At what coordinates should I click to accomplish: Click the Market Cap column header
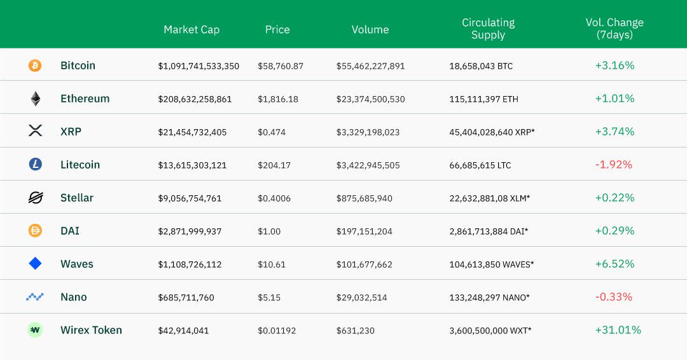click(191, 29)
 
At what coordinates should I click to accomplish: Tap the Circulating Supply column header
click(488, 29)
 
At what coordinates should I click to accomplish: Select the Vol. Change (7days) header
click(614, 29)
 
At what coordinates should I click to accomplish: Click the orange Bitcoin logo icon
click(35, 66)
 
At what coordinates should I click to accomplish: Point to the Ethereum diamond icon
click(35, 99)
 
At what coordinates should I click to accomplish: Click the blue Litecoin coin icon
click(35, 165)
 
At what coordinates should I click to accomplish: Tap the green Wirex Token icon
click(35, 330)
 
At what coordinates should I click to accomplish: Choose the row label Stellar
click(77, 198)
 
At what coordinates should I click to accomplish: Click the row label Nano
click(74, 297)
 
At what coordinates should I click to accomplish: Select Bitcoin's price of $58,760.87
click(281, 66)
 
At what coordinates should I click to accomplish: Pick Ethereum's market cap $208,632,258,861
click(195, 99)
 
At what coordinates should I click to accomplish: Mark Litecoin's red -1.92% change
click(614, 165)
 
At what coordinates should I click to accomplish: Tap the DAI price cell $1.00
click(269, 232)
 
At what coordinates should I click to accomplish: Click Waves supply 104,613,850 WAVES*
click(491, 265)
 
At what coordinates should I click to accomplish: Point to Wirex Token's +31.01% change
click(618, 330)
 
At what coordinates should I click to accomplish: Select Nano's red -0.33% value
click(614, 297)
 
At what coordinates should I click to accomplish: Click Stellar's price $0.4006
click(274, 198)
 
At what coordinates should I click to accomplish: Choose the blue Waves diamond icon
click(35, 263)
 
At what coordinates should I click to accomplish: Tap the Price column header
click(277, 29)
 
